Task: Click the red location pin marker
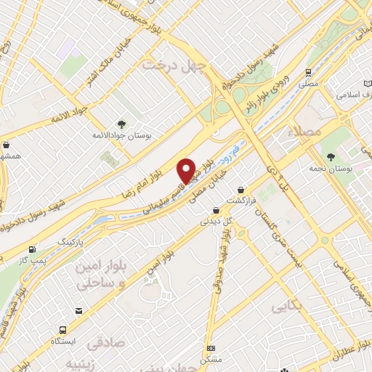coord(187,171)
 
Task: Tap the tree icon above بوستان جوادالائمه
coord(121,124)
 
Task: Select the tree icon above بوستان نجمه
coord(331,156)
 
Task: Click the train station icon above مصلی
coord(309,73)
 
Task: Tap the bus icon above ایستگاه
coord(78,311)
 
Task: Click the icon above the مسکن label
coord(211,349)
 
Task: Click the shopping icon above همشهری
coord(7,145)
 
